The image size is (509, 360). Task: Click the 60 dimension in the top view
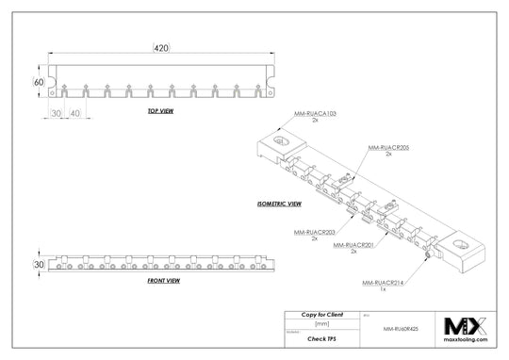40,82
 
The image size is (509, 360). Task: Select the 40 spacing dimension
74,113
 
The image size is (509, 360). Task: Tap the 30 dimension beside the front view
40,265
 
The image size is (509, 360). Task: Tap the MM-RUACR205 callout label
386,148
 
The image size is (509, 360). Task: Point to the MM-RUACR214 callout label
383,282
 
